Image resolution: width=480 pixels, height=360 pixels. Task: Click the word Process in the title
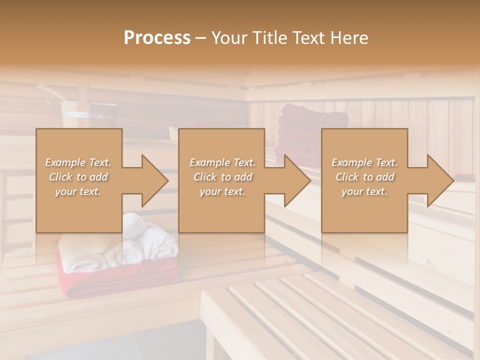point(157,38)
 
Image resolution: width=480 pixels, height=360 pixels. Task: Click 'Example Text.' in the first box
point(78,162)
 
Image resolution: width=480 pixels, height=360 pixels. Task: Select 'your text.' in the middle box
point(222,191)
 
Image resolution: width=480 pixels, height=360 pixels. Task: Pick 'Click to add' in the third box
point(364,177)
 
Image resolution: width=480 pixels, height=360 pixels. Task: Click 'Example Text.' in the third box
point(364,162)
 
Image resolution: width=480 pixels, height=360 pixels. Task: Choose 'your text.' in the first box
point(78,191)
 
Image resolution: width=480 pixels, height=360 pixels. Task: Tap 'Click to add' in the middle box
point(222,177)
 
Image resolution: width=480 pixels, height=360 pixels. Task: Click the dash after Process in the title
point(200,38)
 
